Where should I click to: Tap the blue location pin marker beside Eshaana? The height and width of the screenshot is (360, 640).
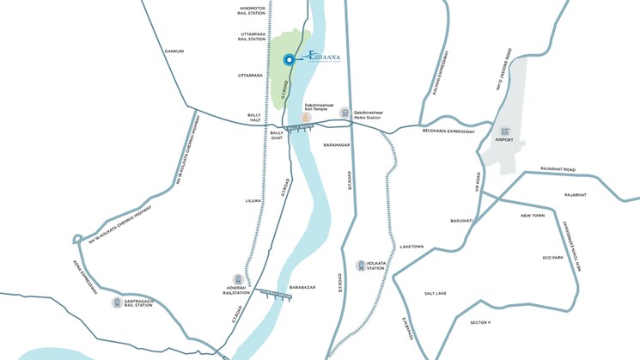[290, 59]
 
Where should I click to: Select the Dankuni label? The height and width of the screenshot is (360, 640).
[174, 51]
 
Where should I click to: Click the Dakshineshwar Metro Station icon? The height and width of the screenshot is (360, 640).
[344, 113]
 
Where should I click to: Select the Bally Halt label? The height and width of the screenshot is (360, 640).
[254, 118]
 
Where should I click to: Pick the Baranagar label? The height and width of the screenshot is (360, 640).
[337, 145]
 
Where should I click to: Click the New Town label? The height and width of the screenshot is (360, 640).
[533, 215]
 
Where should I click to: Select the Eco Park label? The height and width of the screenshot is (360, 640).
[552, 257]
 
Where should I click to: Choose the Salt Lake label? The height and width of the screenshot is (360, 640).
[436, 293]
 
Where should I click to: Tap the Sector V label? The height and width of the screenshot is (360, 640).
[480, 322]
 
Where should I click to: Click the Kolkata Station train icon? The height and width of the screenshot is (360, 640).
[360, 265]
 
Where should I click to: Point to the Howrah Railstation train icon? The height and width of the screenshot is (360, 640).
[238, 278]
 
